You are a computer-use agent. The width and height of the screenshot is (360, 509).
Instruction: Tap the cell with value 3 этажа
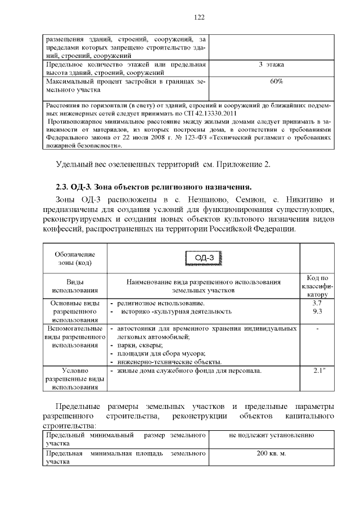272,65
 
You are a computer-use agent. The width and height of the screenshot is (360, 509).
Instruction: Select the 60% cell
276,82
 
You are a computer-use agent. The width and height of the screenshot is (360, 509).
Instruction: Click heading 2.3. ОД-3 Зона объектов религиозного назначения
154,187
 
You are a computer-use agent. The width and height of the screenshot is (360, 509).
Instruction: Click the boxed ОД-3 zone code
203,258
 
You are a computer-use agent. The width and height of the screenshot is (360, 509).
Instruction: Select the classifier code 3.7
317,303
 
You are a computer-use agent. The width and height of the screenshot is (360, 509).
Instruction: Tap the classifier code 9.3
317,311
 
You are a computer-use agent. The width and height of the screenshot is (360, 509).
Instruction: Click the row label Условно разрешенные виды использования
75,379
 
